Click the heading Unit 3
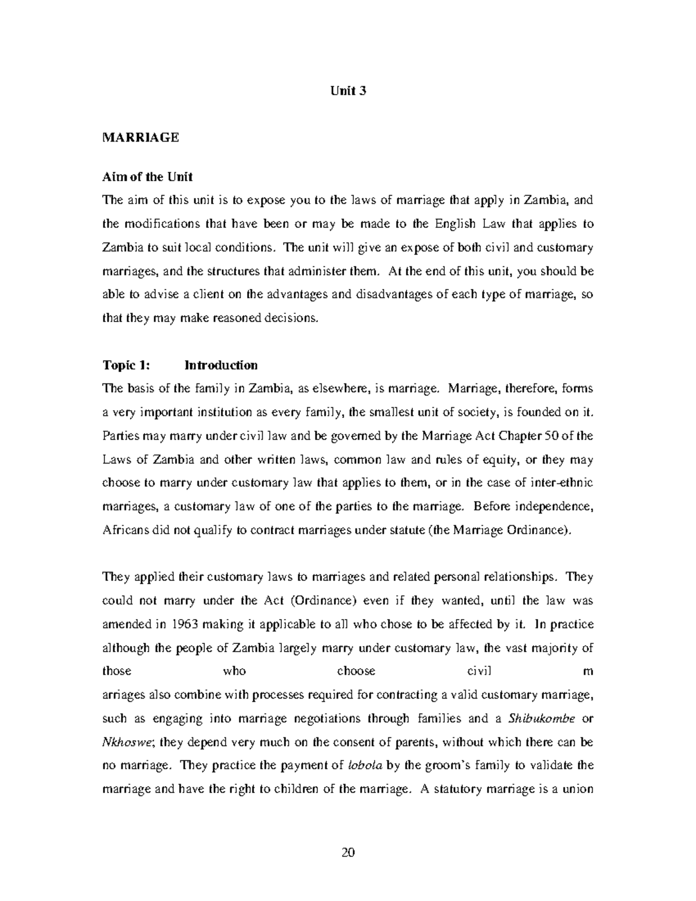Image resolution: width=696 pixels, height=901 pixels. [x=348, y=91]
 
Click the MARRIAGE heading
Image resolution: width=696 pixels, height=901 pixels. [x=140, y=137]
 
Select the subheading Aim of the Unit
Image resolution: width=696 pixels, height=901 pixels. [x=147, y=176]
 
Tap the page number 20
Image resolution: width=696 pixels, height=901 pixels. [x=348, y=852]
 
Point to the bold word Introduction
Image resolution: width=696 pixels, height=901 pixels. [x=221, y=366]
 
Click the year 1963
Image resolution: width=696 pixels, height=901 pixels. [x=187, y=624]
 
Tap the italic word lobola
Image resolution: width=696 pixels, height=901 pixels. [x=364, y=766]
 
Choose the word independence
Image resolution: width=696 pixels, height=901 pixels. [x=557, y=506]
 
